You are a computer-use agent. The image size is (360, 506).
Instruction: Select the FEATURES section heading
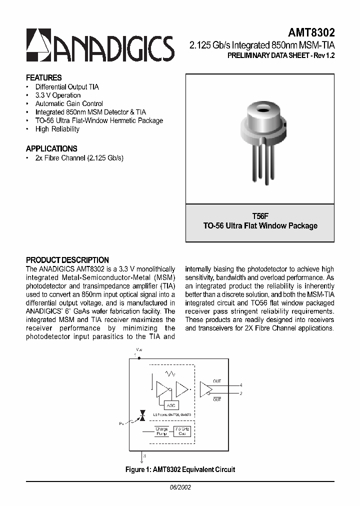pos(44,77)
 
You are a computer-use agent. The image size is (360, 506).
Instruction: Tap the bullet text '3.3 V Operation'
pos(58,95)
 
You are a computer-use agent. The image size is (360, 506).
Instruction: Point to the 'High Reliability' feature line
pos(57,129)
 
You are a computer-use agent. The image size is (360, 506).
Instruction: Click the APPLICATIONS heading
pos(51,148)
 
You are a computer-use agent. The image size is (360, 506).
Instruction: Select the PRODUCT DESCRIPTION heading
pos(67,260)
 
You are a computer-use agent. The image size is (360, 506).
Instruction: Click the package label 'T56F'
pos(260,216)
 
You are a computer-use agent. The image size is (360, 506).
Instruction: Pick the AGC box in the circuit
pos(170,405)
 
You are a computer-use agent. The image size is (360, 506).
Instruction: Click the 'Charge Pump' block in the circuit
pos(161,431)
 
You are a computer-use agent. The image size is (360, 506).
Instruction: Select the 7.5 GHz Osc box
pos(182,431)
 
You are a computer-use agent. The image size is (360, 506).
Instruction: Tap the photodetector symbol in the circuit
pos(142,415)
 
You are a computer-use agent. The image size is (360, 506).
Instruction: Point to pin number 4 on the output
pos(241,385)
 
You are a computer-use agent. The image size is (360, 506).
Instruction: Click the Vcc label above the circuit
pos(139,349)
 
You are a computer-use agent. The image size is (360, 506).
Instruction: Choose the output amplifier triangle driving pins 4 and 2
pos(205,389)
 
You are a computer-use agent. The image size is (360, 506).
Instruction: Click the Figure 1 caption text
pos(180,469)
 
